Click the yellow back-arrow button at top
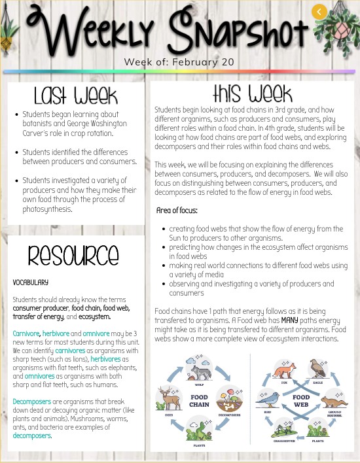pos(319,12)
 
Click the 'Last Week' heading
pos(76,96)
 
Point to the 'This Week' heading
pos(252,94)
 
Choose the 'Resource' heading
pos(73,256)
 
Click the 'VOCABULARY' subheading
pos(30,283)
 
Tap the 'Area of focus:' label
pos(177,211)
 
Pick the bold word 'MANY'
pos(289,321)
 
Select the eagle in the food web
pos(319,369)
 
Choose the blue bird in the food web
pos(268,399)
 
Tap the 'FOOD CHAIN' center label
pos(200,400)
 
